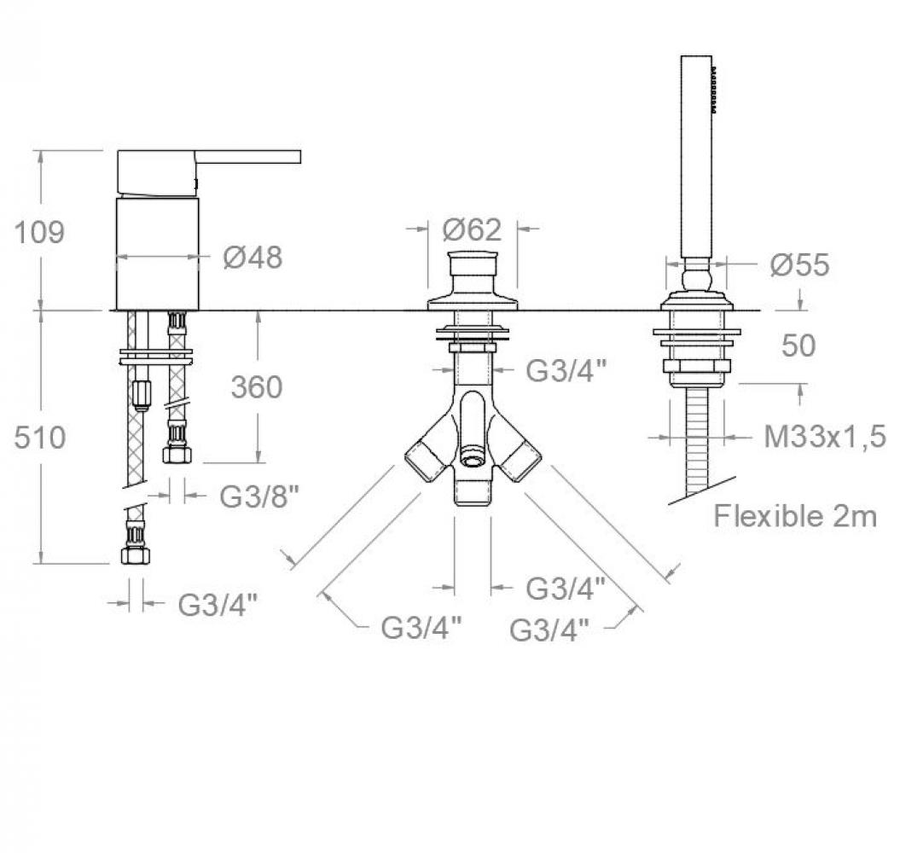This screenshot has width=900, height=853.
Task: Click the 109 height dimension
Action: coord(39,233)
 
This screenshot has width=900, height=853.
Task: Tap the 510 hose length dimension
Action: coord(39,438)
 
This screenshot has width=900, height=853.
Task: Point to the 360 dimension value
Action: coord(257,387)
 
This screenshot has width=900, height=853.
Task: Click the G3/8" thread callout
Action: coord(259,497)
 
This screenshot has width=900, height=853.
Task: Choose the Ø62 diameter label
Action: coord(472,230)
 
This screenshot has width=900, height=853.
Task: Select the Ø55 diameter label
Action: coord(799,264)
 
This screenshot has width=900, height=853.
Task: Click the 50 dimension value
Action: coord(798,345)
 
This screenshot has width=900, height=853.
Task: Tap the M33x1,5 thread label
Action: coord(825,438)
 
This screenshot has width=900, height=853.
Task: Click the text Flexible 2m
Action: coord(795,517)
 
